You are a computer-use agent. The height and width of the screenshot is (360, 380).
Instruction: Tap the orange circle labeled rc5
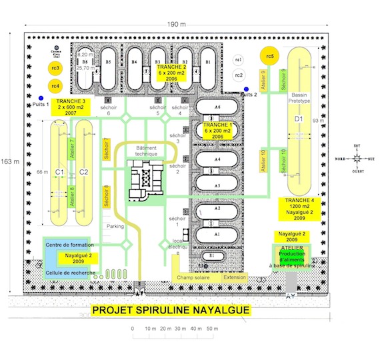269,55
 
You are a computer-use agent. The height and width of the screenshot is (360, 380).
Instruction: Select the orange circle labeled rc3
55,68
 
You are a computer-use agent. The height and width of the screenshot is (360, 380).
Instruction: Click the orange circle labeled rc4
55,85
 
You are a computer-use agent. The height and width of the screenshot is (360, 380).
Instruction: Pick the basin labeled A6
215,107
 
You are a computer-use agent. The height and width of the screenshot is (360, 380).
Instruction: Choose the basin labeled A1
215,235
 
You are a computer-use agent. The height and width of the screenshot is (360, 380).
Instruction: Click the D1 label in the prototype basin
299,119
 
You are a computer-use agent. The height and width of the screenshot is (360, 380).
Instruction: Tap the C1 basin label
59,172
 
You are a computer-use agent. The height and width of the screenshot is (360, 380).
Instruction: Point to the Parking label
116,225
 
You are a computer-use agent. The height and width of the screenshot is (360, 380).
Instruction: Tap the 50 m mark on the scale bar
211,329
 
